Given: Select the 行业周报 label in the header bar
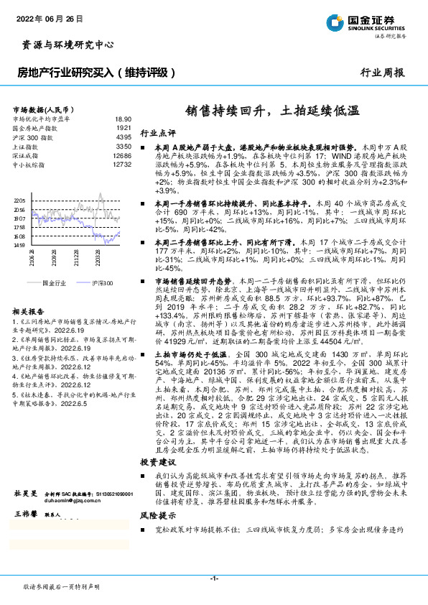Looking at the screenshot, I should tap(382, 73).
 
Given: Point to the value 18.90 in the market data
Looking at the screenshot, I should tap(122, 119).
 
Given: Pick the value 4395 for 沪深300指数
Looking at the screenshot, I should tap(124, 137).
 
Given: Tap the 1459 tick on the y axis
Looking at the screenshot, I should tap(19, 245).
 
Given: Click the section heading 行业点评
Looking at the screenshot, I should tap(157, 134).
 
